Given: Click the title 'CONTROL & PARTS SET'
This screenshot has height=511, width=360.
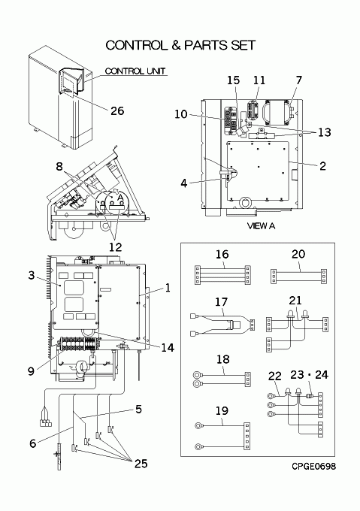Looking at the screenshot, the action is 180,45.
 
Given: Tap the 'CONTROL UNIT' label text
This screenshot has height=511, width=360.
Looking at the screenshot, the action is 135,71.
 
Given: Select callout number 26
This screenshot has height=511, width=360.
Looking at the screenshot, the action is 117,110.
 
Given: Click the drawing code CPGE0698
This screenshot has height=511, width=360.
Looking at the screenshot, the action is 313,467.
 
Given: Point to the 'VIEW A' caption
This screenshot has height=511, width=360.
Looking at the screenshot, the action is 261,225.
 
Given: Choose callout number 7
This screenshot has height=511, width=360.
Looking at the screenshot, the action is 299,80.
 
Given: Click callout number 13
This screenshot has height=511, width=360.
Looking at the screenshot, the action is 324,132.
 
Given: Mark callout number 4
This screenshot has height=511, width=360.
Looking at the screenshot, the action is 183,183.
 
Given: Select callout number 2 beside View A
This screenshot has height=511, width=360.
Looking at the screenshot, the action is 322,166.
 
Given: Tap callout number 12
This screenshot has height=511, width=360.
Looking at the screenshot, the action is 115,247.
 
